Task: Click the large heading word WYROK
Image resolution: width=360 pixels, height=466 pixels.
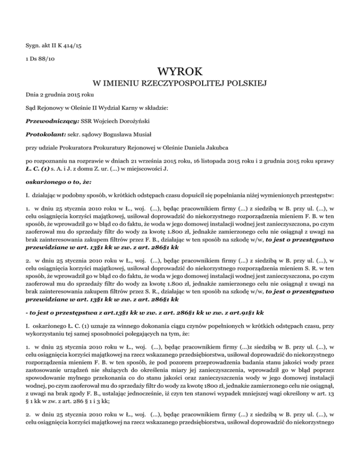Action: pyautogui.click(x=180, y=72)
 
